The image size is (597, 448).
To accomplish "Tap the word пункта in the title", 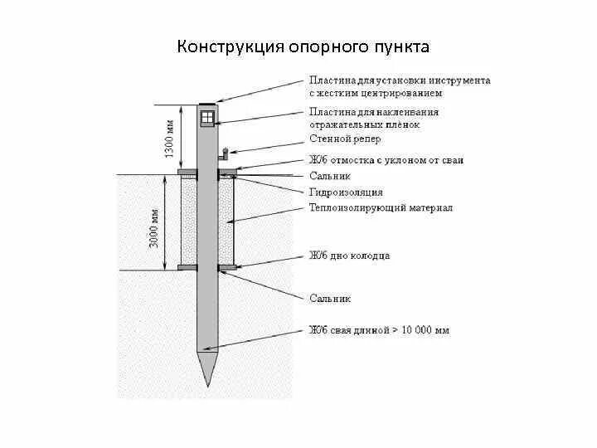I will tap(401, 46).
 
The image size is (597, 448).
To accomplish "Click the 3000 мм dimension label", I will tap(154, 225).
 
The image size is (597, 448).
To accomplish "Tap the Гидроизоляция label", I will tap(346, 192).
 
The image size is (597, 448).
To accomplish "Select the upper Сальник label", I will tap(330, 176).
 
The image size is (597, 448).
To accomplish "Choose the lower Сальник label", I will tap(330, 296).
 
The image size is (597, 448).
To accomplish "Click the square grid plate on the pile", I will tap(207, 117).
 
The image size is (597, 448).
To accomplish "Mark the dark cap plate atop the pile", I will tap(207, 104).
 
